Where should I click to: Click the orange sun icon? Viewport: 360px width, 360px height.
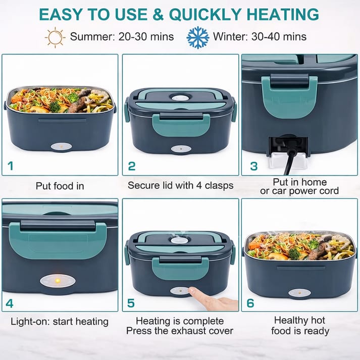55,37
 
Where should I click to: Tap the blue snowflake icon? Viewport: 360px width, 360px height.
197,37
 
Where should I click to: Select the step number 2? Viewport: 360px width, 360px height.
132,166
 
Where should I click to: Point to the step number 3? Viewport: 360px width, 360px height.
253,166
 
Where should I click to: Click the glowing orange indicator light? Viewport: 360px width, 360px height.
58,280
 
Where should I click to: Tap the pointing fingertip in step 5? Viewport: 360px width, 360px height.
192,292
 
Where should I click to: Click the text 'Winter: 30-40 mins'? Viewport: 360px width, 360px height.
260,37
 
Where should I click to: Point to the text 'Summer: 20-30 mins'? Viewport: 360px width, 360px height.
122,37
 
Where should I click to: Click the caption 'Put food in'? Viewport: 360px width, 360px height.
60,186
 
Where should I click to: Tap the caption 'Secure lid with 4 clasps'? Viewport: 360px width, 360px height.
180,185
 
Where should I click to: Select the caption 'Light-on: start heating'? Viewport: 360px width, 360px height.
60,321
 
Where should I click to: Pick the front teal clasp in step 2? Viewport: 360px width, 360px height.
181,124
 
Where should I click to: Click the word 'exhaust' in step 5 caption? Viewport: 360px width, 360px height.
174,331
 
